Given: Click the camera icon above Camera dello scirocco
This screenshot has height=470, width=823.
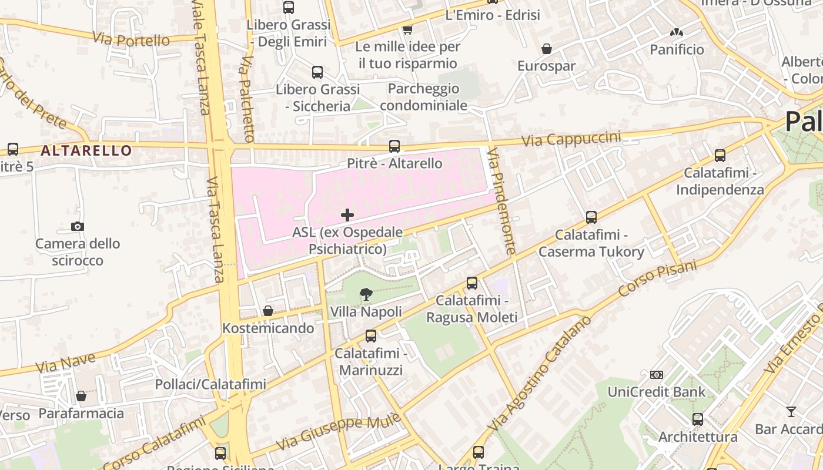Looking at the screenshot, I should (x=78, y=227).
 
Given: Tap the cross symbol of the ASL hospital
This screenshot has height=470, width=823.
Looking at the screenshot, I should (x=347, y=215).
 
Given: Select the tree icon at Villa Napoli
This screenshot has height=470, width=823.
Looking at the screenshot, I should (x=366, y=294).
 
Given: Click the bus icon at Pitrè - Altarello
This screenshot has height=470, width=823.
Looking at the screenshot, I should (x=394, y=146).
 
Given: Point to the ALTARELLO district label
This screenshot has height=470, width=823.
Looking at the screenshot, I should (x=86, y=150).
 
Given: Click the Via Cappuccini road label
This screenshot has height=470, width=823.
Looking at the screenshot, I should (x=571, y=139).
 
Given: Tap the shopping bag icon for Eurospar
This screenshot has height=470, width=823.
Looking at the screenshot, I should (x=547, y=49).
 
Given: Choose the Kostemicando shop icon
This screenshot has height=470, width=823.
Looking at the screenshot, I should (x=268, y=311).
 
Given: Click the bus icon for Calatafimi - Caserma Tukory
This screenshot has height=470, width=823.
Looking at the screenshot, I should (x=591, y=217).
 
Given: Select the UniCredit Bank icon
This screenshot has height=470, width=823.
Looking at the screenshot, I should (x=657, y=375).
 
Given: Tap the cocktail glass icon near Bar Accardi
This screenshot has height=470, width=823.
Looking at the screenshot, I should (x=791, y=412).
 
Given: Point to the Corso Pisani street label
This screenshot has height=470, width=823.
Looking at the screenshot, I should (x=657, y=278).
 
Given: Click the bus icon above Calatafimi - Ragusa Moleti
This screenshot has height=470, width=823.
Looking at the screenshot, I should (x=472, y=283).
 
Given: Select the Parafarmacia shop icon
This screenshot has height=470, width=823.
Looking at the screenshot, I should (x=81, y=396).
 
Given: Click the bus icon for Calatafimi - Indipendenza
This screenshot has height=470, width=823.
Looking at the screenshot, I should (x=720, y=156).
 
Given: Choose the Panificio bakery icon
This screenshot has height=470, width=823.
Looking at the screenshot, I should (x=677, y=33).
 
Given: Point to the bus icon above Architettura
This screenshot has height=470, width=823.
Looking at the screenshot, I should (x=698, y=419).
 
